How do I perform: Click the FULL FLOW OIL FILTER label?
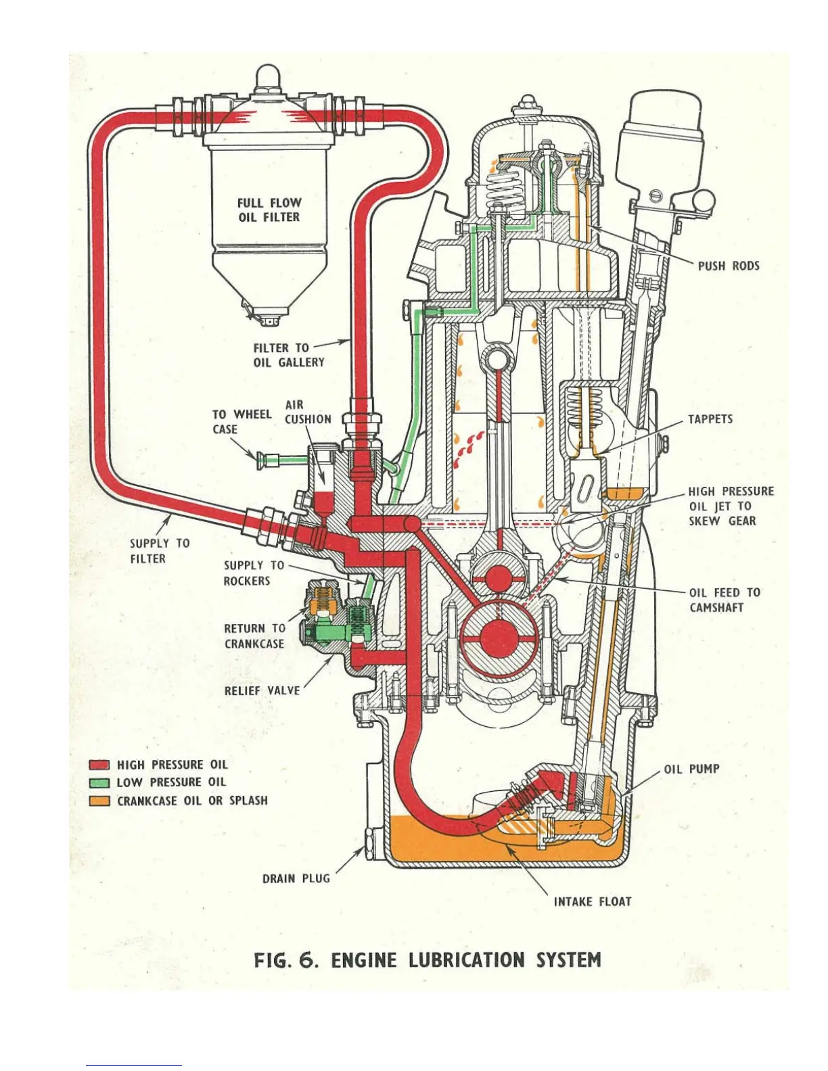pyautogui.click(x=269, y=210)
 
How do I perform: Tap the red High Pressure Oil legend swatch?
pyautogui.click(x=99, y=765)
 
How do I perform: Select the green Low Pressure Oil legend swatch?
pyautogui.click(x=99, y=783)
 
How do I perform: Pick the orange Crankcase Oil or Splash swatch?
pyautogui.click(x=99, y=801)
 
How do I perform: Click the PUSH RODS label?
pyautogui.click(x=729, y=266)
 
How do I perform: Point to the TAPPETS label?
pyautogui.click(x=710, y=419)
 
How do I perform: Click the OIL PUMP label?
pyautogui.click(x=691, y=769)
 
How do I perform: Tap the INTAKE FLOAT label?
pyautogui.click(x=593, y=901)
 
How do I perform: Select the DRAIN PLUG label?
pyautogui.click(x=296, y=878)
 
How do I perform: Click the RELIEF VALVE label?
pyautogui.click(x=262, y=690)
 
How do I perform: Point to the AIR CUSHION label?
pyautogui.click(x=308, y=412)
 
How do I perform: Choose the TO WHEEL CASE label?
pyautogui.click(x=241, y=421)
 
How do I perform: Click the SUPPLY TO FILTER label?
pyautogui.click(x=160, y=550)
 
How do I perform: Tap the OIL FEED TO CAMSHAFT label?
pyautogui.click(x=724, y=600)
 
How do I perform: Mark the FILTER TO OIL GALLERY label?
pyautogui.click(x=289, y=355)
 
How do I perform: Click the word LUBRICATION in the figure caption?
pyautogui.click(x=467, y=960)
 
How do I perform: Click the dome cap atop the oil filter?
pyautogui.click(x=268, y=76)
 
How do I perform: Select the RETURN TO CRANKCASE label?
pyautogui.click(x=254, y=636)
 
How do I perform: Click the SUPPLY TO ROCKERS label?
pyautogui.click(x=254, y=573)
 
